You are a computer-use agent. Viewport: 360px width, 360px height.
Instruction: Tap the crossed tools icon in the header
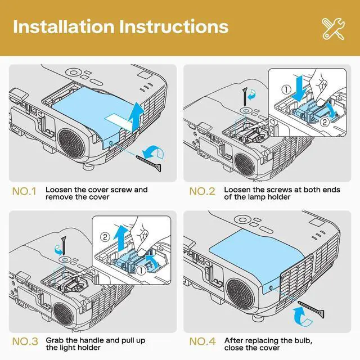334,28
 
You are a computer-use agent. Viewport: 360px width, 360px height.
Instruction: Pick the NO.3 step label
24,341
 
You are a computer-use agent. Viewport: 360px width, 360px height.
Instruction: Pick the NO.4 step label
202,341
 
